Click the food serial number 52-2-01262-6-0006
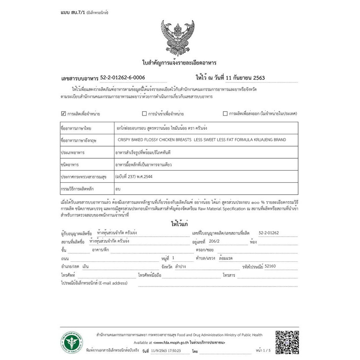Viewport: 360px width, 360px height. pos(122,78)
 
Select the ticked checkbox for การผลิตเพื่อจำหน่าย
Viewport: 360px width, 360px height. pos(63,113)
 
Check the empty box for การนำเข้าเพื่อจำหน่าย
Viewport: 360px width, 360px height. pos(144,114)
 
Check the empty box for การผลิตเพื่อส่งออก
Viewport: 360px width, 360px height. pos(225,114)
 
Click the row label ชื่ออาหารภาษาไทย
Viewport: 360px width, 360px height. pos(76,128)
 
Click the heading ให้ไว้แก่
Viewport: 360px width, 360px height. pos(180,223)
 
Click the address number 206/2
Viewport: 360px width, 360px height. pos(214,241)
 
